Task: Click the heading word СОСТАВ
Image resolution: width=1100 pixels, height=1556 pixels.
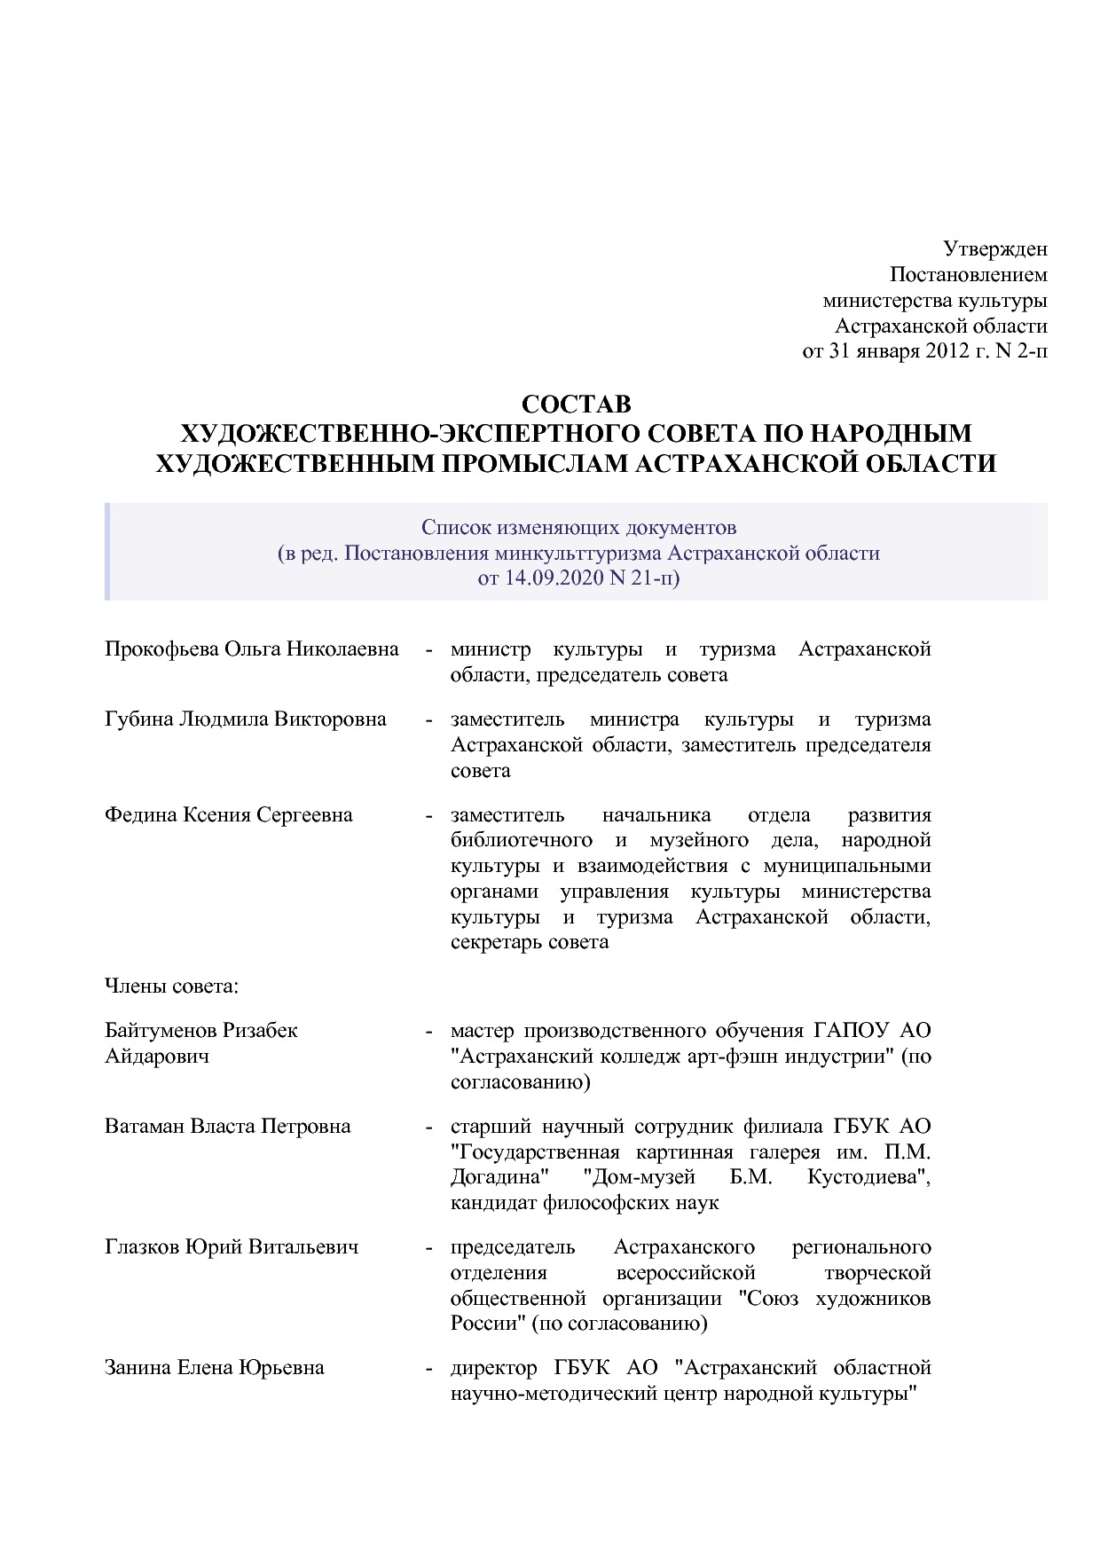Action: [576, 404]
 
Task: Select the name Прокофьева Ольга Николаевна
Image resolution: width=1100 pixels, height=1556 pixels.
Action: [251, 649]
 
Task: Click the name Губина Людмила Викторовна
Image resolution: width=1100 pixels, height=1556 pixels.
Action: [245, 719]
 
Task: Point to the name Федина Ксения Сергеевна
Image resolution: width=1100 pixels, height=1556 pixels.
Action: [228, 815]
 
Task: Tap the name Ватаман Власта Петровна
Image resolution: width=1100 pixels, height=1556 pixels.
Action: [227, 1127]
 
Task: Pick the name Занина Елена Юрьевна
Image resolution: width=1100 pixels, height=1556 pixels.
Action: [214, 1368]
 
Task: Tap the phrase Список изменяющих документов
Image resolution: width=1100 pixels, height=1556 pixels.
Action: [577, 529]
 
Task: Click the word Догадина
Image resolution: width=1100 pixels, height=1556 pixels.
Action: [500, 1178]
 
